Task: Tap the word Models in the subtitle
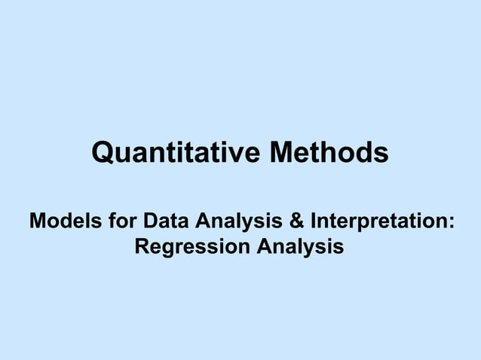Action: (x=59, y=222)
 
